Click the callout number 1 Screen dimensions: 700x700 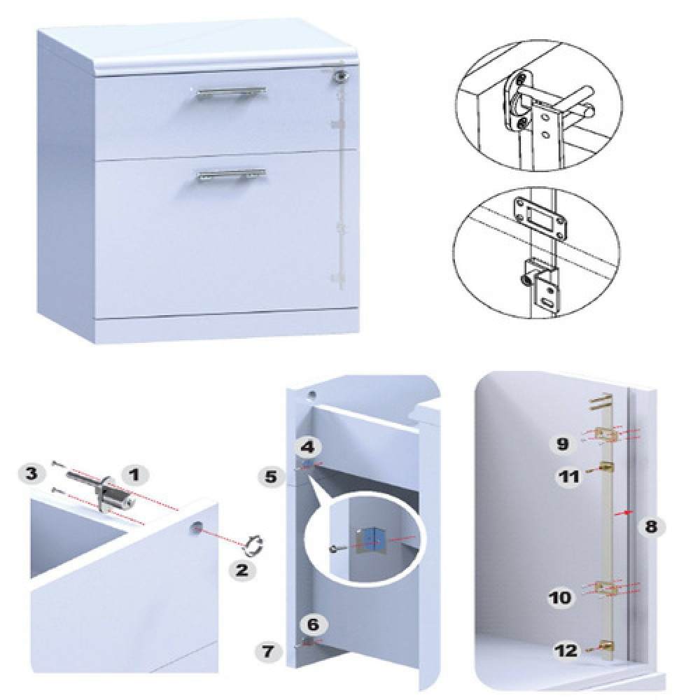[134, 475]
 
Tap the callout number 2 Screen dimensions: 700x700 [241, 570]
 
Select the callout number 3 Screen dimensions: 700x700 [31, 473]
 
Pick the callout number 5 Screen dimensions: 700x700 [271, 477]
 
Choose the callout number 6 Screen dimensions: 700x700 [314, 624]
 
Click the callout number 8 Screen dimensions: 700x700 [651, 527]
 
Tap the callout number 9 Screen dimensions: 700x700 [562, 444]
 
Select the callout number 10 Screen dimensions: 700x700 [560, 597]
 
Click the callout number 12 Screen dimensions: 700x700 [567, 650]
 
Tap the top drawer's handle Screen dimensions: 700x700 [231, 93]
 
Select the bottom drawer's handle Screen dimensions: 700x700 [231, 174]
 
